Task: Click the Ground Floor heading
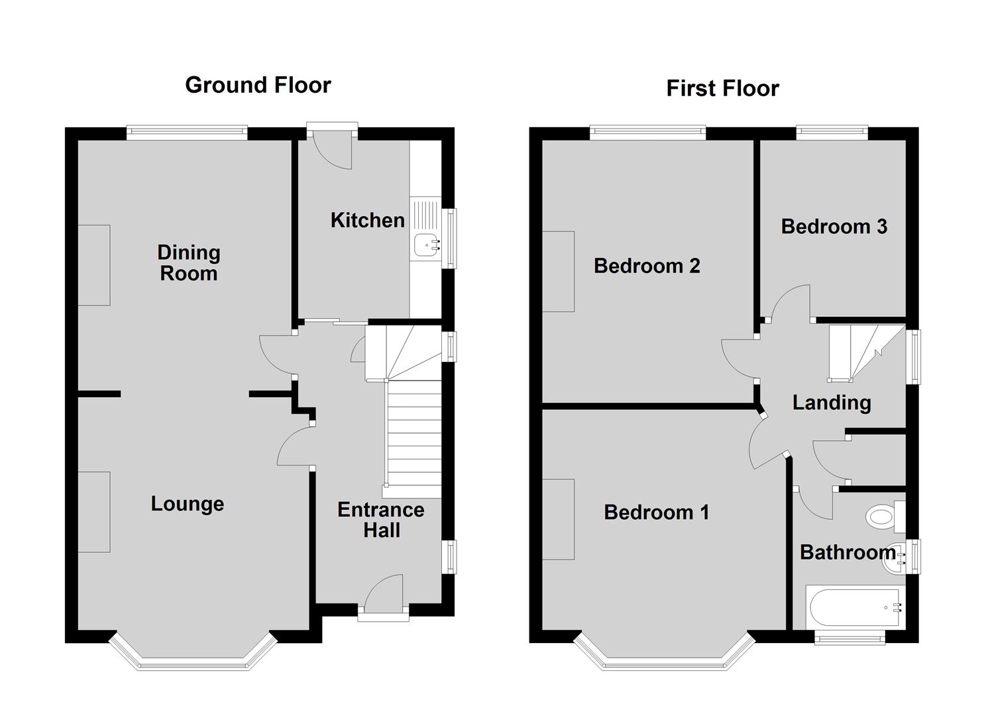258,86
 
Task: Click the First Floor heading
723,88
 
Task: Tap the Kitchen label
368,220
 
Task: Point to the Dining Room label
189,263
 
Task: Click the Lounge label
188,504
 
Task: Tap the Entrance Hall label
381,520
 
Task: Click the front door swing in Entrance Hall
384,593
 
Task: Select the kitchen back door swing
333,150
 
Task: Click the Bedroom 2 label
647,266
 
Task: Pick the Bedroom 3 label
834,227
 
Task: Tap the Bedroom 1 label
657,512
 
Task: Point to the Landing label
832,403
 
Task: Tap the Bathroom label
847,552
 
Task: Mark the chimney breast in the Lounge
94,512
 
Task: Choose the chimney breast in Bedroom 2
559,272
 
